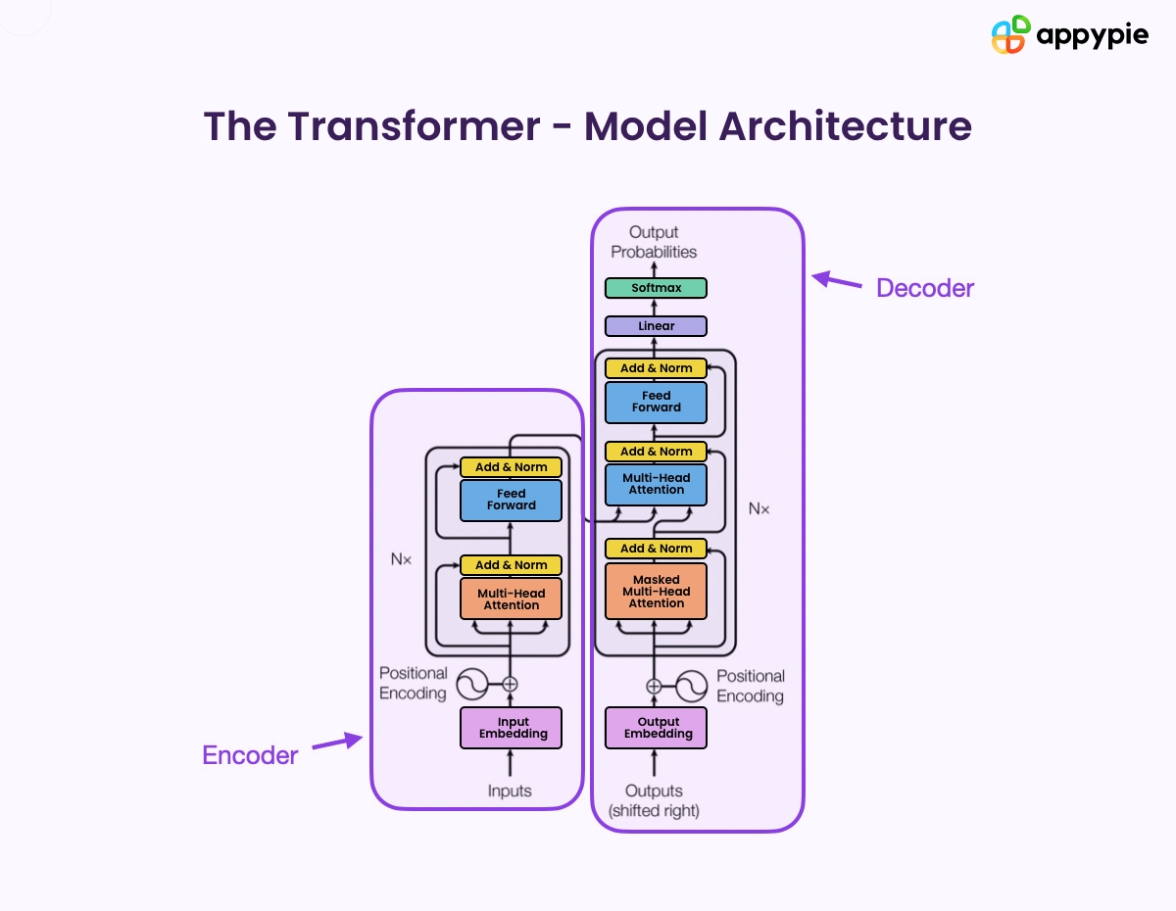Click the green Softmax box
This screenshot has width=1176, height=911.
tap(656, 288)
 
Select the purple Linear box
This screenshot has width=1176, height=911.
tap(656, 326)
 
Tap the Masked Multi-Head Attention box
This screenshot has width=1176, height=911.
tap(656, 592)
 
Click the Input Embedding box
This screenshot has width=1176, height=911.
tap(512, 728)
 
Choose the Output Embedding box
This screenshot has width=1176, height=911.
tap(656, 728)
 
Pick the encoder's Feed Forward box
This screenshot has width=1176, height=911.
tap(512, 500)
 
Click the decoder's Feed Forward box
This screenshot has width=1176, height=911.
tap(656, 402)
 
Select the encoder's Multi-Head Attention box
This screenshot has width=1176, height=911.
tap(512, 599)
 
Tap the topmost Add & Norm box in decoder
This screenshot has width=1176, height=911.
tap(656, 368)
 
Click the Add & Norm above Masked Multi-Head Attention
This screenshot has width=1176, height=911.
tap(656, 549)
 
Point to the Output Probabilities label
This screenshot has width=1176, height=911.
tap(654, 242)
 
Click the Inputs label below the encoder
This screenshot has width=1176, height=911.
tap(510, 791)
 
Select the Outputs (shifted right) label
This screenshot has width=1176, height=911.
tap(654, 800)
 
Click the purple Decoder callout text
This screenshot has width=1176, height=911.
tap(924, 288)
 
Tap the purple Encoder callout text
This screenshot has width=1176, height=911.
tap(250, 755)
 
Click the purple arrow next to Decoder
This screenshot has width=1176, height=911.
tap(836, 281)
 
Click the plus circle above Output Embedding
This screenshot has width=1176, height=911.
tap(655, 686)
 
